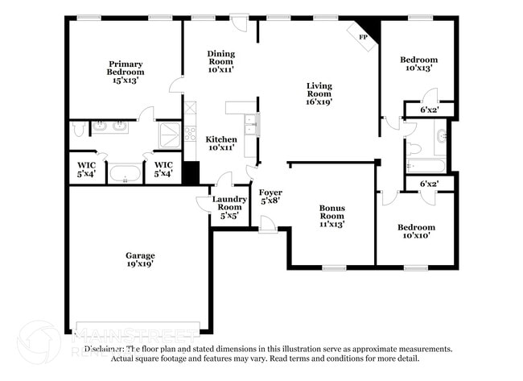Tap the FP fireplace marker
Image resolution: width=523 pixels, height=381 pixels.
[363, 37]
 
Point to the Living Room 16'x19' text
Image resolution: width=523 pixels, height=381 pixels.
[319, 93]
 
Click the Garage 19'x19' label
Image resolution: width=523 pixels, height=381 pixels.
[139, 258]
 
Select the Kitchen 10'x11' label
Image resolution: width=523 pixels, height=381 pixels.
[220, 143]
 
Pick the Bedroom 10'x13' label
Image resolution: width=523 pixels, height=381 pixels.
[418, 64]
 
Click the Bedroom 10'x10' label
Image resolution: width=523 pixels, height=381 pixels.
[418, 232]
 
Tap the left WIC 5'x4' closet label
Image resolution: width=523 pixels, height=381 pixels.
[86, 169]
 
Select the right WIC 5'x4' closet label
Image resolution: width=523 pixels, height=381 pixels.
[163, 169]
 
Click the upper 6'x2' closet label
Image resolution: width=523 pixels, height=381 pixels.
[430, 110]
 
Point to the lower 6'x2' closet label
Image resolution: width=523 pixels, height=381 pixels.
[430, 184]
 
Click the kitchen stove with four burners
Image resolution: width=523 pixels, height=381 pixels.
[190, 134]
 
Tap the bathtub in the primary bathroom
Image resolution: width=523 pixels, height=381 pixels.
[125, 174]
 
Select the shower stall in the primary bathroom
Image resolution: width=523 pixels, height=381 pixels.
[170, 135]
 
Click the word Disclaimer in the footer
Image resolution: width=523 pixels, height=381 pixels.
[105, 349]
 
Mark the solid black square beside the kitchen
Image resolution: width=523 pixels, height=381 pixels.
[191, 173]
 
